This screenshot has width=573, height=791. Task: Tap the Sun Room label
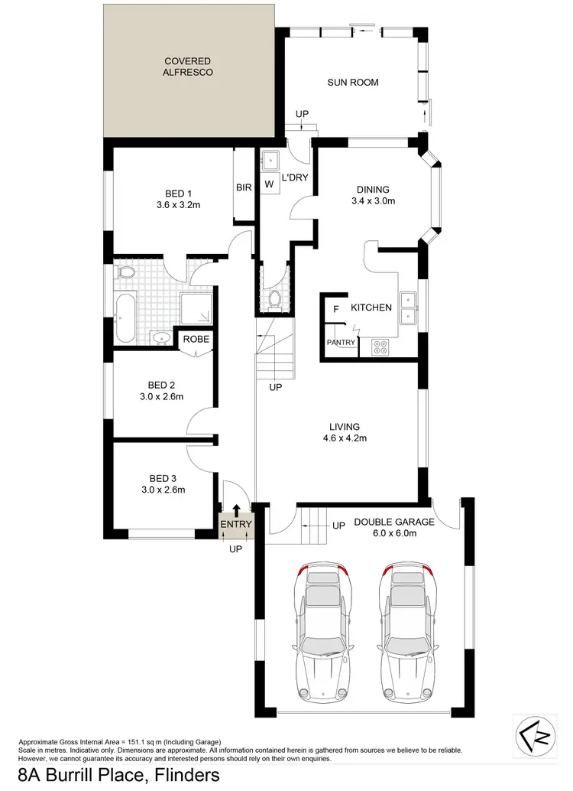[353, 83]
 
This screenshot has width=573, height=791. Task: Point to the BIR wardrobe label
[244, 187]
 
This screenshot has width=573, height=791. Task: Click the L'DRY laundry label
[293, 177]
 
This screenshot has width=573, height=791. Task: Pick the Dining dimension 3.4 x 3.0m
[373, 202]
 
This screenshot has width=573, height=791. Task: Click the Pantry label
[341, 343]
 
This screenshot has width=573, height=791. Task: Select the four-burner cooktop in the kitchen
[380, 347]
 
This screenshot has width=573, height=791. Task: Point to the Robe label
[196, 339]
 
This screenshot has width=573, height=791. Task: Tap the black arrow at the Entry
[236, 509]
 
